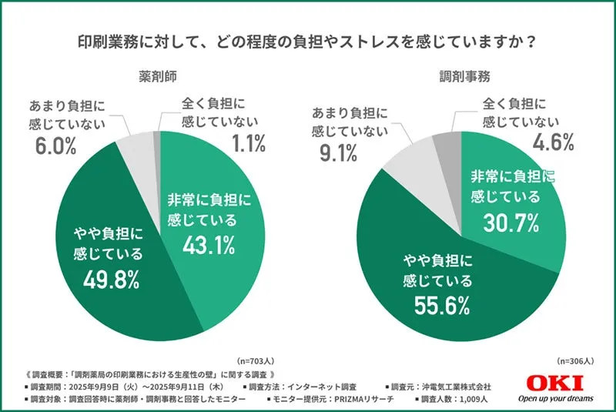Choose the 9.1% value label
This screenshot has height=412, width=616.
click(x=337, y=152)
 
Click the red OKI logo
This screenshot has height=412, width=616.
click(x=556, y=382)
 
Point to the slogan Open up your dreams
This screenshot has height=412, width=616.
click(x=555, y=398)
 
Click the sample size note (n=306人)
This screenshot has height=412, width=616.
click(x=576, y=360)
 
